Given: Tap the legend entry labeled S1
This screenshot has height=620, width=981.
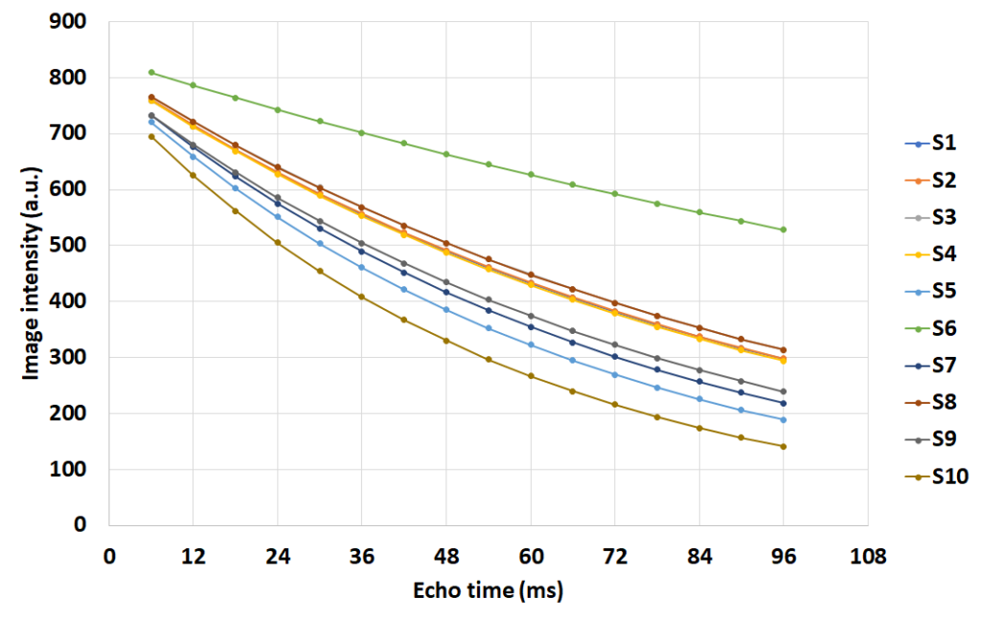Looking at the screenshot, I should [929, 144].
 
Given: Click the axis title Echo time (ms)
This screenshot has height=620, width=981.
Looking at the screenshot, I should [489, 591].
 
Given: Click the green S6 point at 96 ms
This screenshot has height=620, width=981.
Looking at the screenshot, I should [784, 230].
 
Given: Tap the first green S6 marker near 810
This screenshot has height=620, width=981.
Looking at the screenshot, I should [151, 72].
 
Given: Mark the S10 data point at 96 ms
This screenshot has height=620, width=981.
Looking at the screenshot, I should [784, 446].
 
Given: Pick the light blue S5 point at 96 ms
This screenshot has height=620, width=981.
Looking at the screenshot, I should [784, 420].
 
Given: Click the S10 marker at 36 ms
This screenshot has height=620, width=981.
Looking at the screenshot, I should [362, 297].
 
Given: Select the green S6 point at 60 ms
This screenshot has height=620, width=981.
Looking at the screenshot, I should [531, 174].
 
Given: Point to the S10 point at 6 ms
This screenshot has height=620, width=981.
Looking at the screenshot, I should [151, 137].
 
